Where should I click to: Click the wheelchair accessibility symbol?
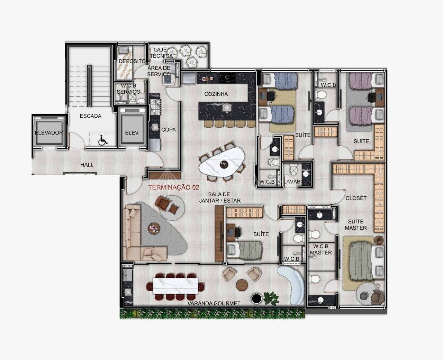[103, 140]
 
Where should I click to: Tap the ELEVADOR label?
[49, 132]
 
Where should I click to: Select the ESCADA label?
[90, 116]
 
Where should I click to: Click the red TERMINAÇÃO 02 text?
[174, 187]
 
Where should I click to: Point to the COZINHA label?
[216, 94]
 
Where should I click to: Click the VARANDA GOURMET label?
[214, 304]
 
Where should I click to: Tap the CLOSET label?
[356, 198]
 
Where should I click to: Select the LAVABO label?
[294, 182]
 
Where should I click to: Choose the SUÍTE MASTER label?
[356, 225]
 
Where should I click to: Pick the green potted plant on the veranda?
[271, 299]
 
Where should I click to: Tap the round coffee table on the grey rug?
[154, 229]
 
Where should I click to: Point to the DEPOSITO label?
[132, 61]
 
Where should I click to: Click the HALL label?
[87, 165]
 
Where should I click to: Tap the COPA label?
[169, 130]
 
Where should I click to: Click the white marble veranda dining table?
[175, 286]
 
